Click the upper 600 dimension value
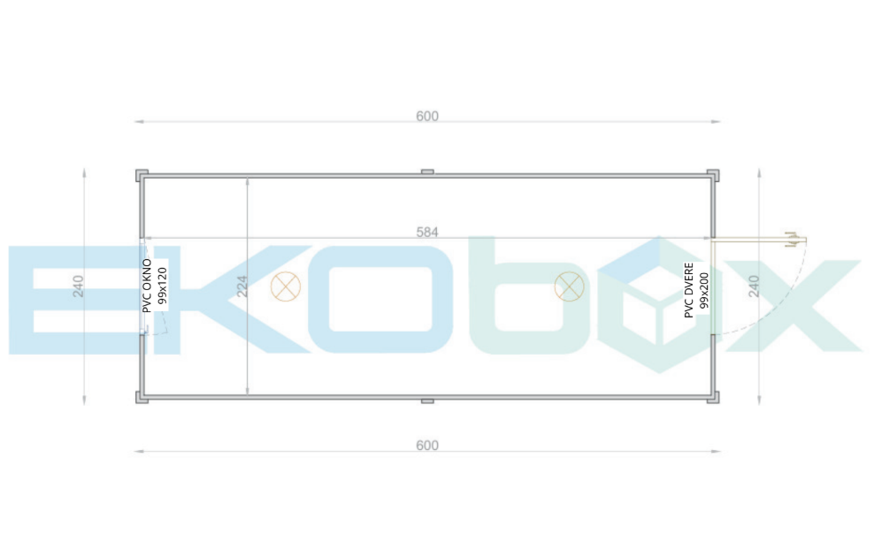point(427,117)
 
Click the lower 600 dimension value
point(427,446)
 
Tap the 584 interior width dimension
point(427,233)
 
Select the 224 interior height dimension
point(241,286)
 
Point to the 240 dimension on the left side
point(78,286)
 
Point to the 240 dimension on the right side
point(754,286)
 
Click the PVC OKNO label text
point(147,286)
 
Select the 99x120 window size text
point(162,286)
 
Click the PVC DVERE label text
point(689,290)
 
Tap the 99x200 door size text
point(704,290)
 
